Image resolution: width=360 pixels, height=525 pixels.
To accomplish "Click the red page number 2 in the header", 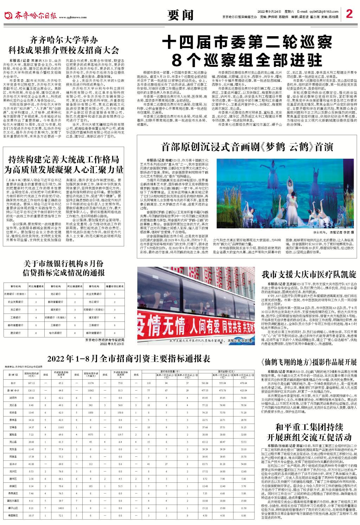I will [349, 14].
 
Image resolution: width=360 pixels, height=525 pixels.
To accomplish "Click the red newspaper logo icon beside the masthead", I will [8, 15].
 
